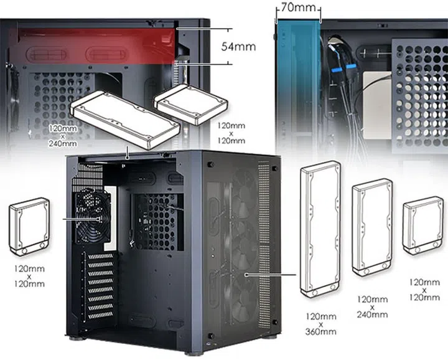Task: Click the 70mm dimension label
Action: point(298,9)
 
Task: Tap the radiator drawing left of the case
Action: point(29,228)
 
